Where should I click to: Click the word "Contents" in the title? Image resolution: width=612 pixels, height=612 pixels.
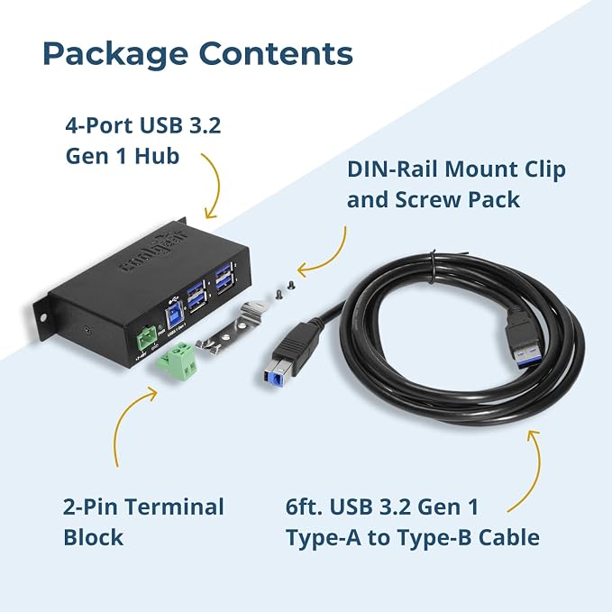(276, 52)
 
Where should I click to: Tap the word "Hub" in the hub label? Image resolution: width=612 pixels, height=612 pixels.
(157, 156)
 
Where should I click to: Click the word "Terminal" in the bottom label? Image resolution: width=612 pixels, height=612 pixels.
(175, 507)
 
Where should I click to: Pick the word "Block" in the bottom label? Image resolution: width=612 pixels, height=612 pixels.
(93, 537)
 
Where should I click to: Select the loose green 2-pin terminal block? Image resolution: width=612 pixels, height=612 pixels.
(178, 361)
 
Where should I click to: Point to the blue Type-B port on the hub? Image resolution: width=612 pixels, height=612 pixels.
(175, 318)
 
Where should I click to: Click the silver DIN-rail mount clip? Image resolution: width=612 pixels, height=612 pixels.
(233, 328)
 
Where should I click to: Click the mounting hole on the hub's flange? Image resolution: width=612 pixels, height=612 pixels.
(42, 317)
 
